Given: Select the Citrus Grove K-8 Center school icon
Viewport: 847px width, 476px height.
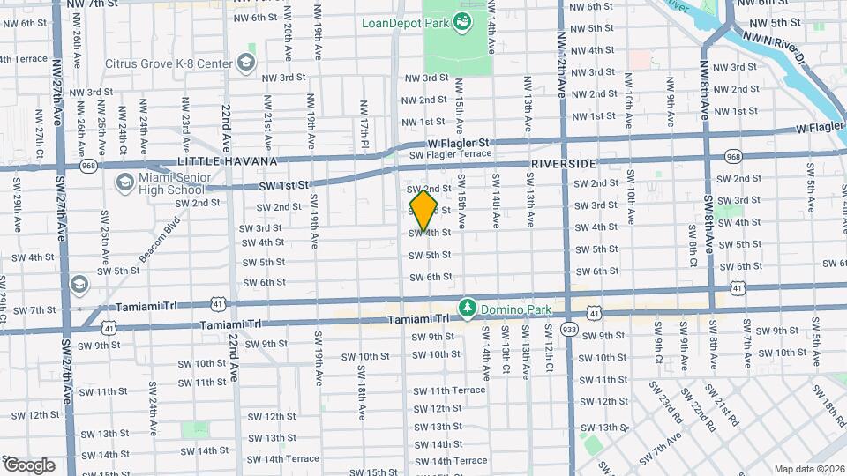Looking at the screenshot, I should (245, 63).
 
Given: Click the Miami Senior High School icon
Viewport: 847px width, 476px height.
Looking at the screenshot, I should (124, 183).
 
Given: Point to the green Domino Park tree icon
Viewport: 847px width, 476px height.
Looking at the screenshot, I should (467, 308).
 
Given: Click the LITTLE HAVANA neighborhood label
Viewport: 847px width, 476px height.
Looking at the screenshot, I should (228, 162).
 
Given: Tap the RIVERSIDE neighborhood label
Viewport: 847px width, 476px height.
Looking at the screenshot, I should (563, 164).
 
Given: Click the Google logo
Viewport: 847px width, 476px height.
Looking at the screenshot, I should (29, 465).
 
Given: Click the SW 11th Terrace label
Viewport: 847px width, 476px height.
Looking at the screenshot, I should (449, 390).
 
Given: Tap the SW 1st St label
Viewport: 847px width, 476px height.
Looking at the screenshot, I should (284, 186).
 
